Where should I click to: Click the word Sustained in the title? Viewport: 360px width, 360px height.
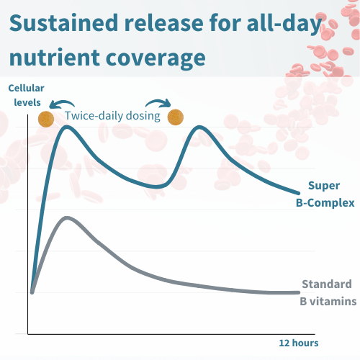63,23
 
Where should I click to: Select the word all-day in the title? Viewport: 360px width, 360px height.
284,24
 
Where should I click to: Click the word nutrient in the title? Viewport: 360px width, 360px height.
54,58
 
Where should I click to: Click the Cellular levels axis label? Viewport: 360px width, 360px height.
27,95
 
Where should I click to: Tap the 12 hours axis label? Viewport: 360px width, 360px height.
299,343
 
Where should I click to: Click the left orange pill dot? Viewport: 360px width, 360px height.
46,119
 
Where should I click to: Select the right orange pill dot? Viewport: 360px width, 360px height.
176,117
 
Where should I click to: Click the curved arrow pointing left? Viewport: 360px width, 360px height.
61,102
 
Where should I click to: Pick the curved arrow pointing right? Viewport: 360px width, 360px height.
158,102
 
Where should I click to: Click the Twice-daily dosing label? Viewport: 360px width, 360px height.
112,116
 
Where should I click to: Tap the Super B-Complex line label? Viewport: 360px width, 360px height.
325,194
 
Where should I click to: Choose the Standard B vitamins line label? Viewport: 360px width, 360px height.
328,292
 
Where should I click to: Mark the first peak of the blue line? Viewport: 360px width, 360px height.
66,127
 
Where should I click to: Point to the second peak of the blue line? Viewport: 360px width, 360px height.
199,127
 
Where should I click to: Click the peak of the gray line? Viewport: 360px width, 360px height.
66,218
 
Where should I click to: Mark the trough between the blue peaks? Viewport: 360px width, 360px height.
156,186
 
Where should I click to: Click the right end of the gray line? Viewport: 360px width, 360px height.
299,292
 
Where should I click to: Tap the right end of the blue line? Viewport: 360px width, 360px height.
299,193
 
